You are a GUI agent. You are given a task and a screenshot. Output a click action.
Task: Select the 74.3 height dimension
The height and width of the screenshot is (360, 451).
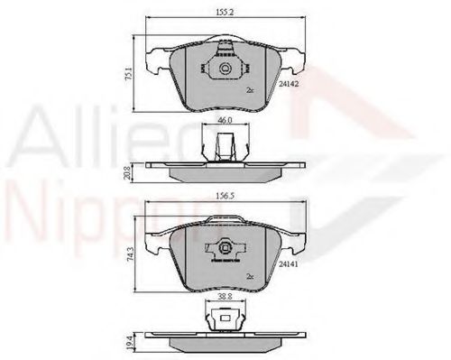coord(129,256)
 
